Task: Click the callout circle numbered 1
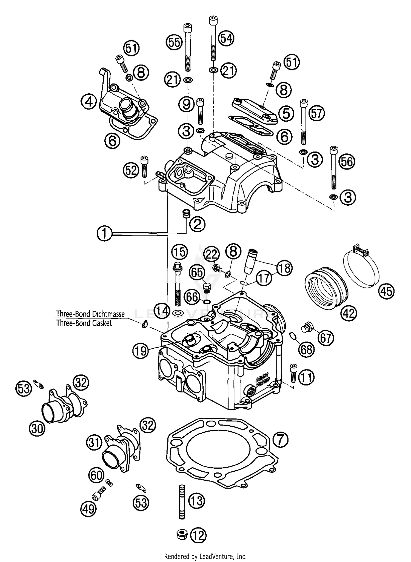104,233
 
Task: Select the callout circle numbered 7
281,440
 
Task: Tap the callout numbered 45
387,291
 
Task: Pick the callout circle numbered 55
174,42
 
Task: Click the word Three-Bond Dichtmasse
90,314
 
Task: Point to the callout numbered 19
141,351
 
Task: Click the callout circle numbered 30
37,428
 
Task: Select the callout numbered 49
89,509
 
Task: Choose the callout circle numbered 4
89,102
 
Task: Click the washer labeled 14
179,312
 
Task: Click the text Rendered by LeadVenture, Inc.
205,557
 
